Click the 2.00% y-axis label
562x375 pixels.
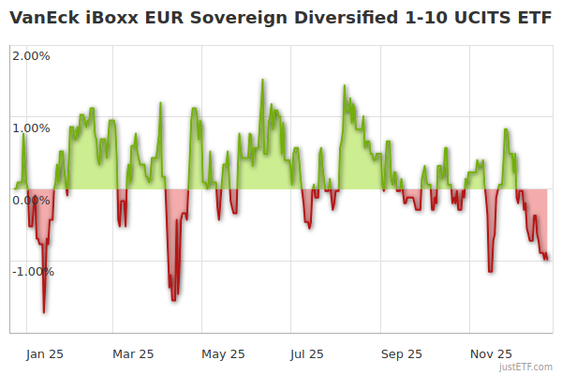tap(31, 55)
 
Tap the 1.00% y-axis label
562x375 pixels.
tap(31, 127)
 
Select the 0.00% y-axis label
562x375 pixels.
tap(31, 200)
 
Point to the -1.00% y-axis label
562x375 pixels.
tap(33, 272)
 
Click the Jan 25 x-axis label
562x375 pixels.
tap(45, 354)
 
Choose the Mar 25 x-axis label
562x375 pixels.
tap(133, 354)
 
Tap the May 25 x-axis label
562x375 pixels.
tap(223, 354)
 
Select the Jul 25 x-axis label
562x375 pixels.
tap(307, 354)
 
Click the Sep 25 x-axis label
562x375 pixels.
tap(401, 354)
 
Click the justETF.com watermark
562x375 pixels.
tap(527, 367)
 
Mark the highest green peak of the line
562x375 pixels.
tap(262, 80)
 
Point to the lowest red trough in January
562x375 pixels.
tap(44, 312)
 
